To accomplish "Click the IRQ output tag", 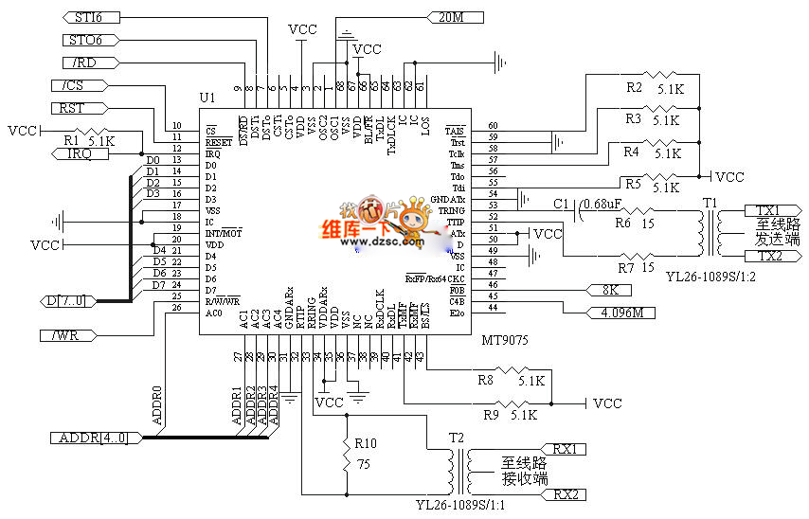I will pyautogui.click(x=81, y=154).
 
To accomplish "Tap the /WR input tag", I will pyautogui.click(x=67, y=334).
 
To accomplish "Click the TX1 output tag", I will pyautogui.click(x=766, y=209).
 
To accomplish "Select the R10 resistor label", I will pyautogui.click(x=366, y=442).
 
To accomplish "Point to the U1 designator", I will pyautogui.click(x=207, y=98).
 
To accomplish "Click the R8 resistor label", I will pyautogui.click(x=485, y=380).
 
